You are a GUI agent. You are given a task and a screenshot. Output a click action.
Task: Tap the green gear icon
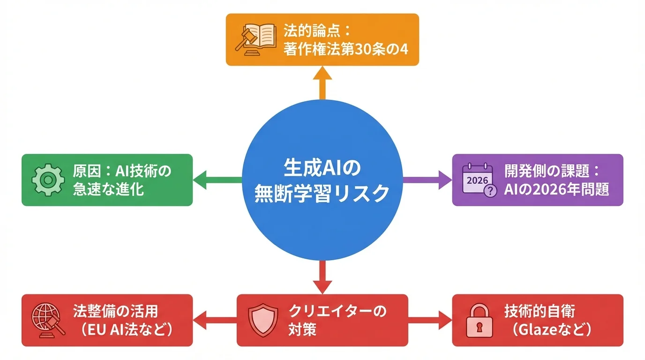click(x=47, y=180)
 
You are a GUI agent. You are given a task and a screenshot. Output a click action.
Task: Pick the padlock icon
click(x=478, y=320)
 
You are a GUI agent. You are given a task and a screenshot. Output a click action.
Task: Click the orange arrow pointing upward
click(x=322, y=82)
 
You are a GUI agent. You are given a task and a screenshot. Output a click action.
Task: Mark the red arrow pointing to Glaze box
click(x=429, y=321)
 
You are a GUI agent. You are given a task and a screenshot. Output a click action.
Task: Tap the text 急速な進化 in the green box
click(x=108, y=190)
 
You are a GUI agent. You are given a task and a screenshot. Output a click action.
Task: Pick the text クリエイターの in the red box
click(x=337, y=311)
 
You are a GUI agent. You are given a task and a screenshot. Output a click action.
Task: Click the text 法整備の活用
click(x=115, y=311)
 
